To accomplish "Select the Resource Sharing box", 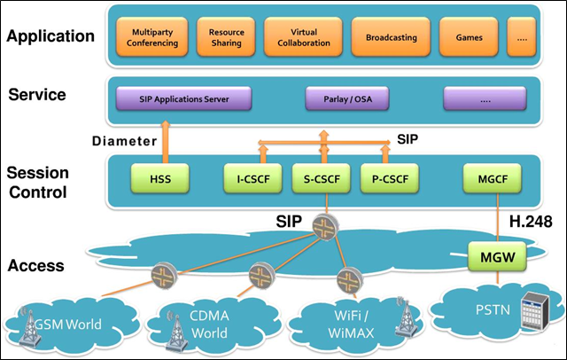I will tap(227, 38).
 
